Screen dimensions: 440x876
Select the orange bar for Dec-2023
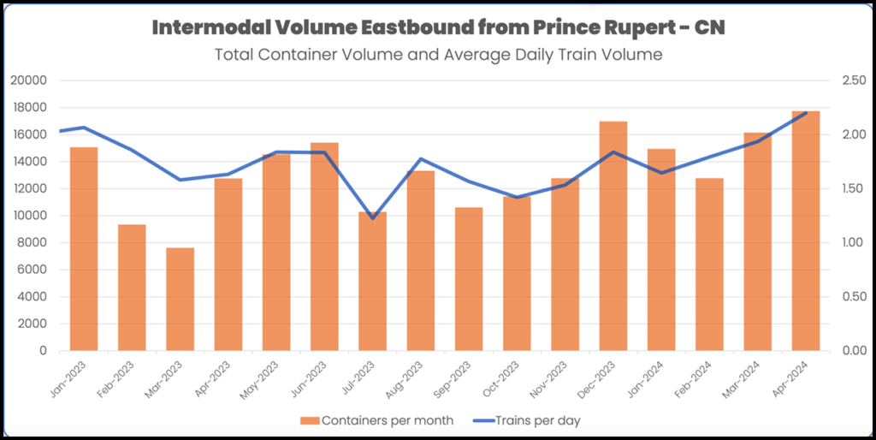613,235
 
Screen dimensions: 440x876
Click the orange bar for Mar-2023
180,299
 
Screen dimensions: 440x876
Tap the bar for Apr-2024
805,230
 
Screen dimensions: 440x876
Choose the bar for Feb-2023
132,287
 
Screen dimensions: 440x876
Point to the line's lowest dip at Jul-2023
372,218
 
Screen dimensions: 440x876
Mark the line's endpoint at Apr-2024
805,113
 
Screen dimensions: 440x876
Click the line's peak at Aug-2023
421,159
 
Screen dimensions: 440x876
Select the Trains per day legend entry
530,420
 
